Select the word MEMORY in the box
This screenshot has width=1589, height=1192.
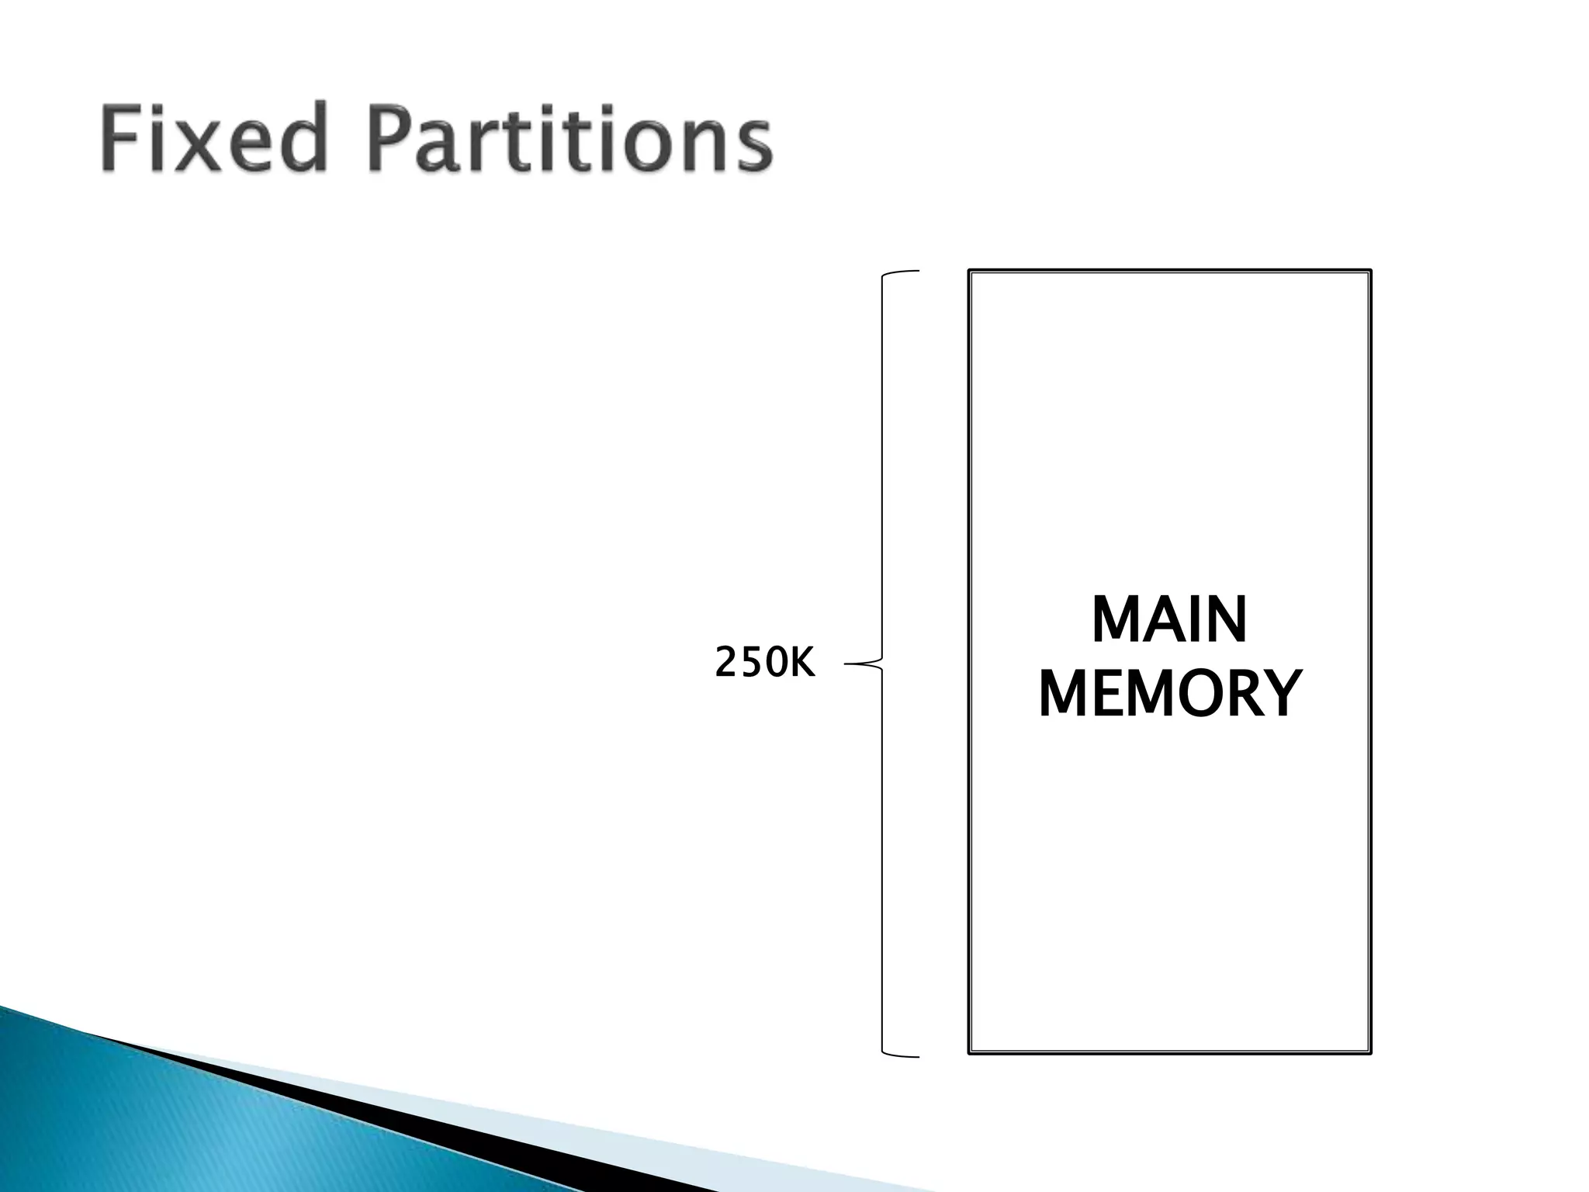1169,694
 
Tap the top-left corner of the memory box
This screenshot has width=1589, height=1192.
970,271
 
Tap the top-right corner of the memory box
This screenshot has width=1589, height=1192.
1370,271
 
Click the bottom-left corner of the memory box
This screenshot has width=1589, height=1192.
970,1052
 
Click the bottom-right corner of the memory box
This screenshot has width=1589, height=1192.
1370,1052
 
